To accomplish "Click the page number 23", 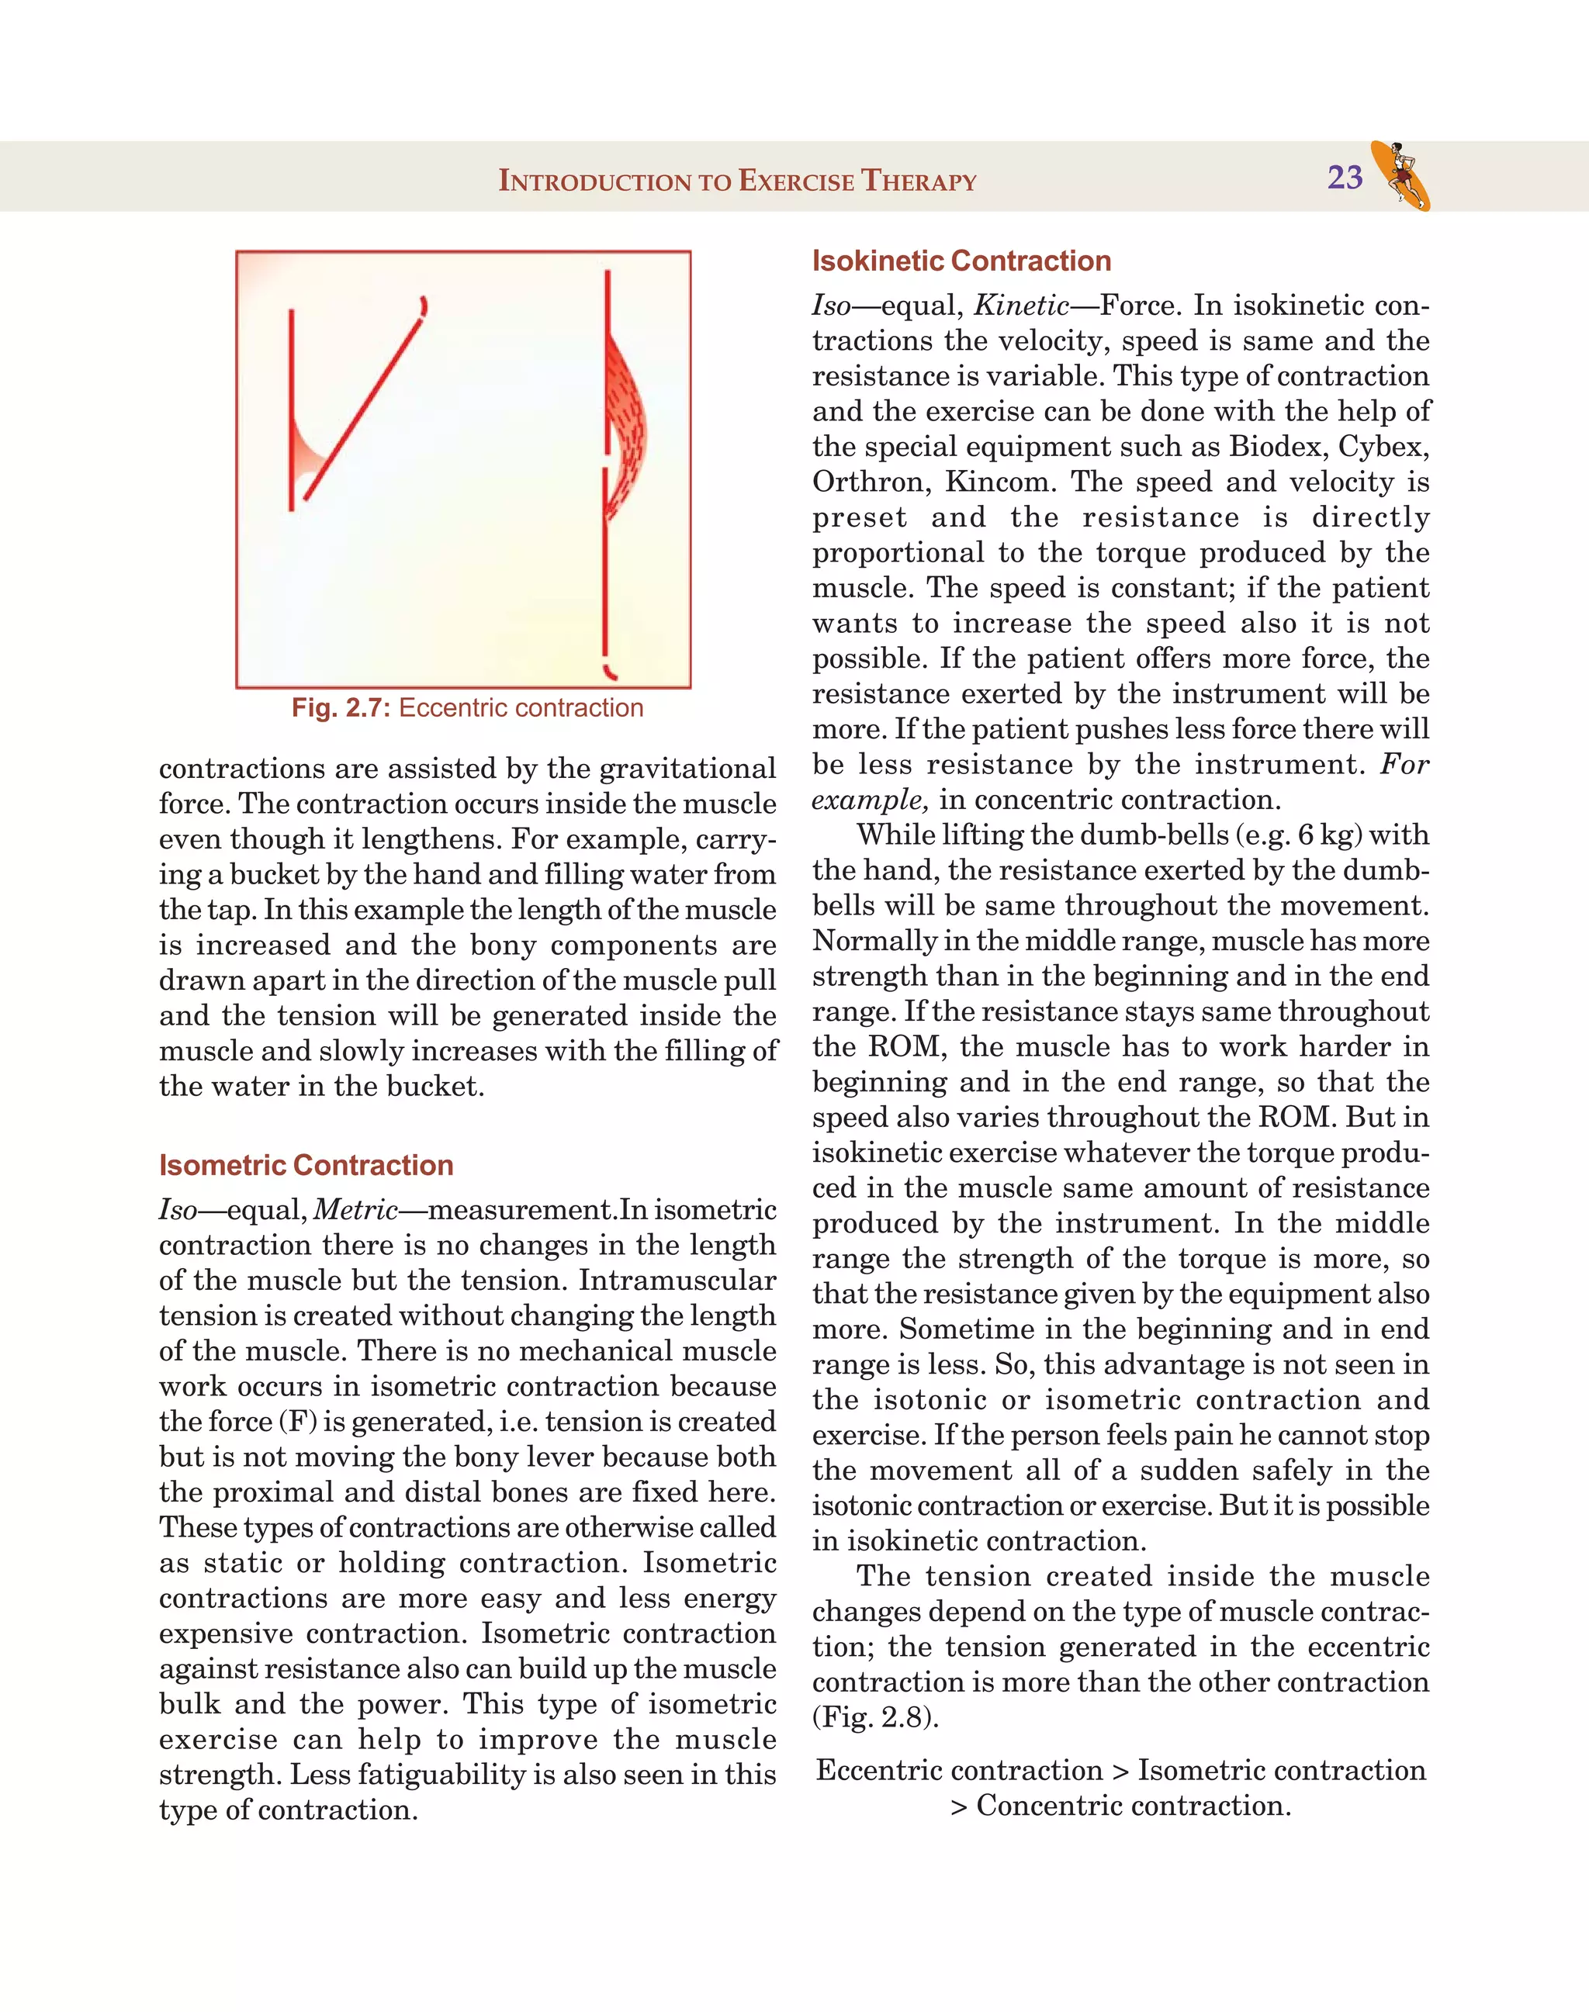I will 1345,177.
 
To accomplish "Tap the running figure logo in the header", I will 1401,175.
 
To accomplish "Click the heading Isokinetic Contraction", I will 961,261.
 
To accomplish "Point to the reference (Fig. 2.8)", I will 875,1717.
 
